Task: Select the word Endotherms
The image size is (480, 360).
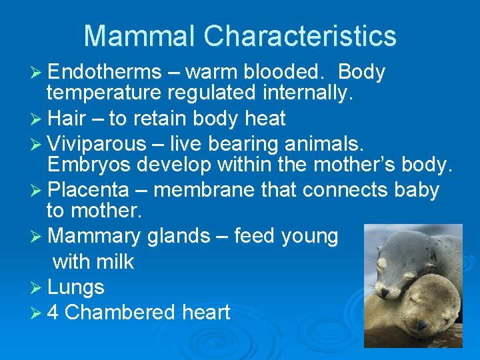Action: pos(105,72)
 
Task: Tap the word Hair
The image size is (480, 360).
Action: pos(66,119)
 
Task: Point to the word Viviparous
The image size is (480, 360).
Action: pos(97,143)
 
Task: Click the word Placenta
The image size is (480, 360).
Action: pos(89,190)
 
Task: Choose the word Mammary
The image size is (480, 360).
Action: pos(95,236)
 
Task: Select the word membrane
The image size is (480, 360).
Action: pos(203,190)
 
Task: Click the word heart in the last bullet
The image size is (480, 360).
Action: pos(205,312)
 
